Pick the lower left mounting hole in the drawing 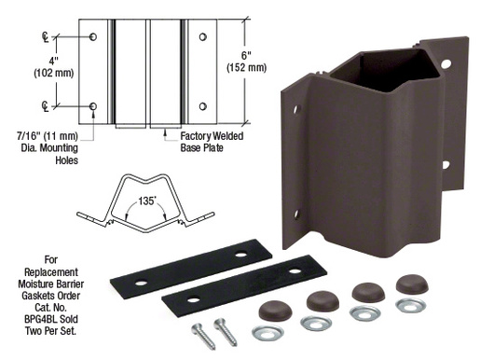[93, 107]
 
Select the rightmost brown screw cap [411, 284]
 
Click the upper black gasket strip [191, 268]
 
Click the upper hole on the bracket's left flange [296, 110]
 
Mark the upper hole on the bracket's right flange [446, 64]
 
